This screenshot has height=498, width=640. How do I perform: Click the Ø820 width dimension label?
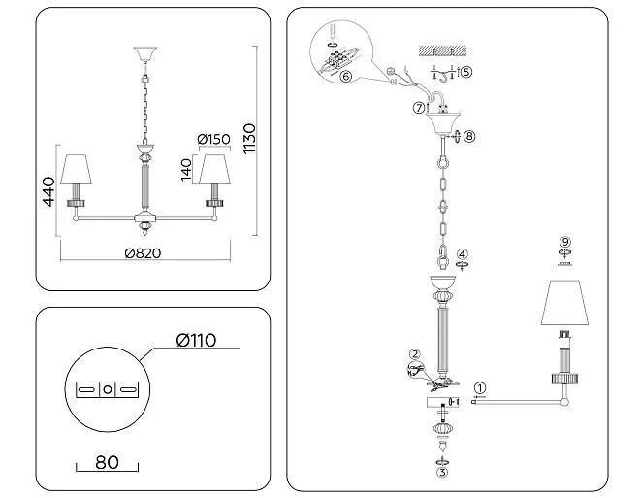143,253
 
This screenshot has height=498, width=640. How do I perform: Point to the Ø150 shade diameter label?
213,139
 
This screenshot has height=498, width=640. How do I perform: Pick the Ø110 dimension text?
196,340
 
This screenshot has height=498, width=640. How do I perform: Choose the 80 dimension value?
107,462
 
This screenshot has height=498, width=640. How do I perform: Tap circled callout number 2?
414,354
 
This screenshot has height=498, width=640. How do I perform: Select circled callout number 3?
442,474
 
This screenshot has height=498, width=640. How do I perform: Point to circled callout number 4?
464,254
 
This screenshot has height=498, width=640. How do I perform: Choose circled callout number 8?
470,137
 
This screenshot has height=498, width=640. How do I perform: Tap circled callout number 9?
566,242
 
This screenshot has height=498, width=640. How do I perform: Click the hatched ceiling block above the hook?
443,50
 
